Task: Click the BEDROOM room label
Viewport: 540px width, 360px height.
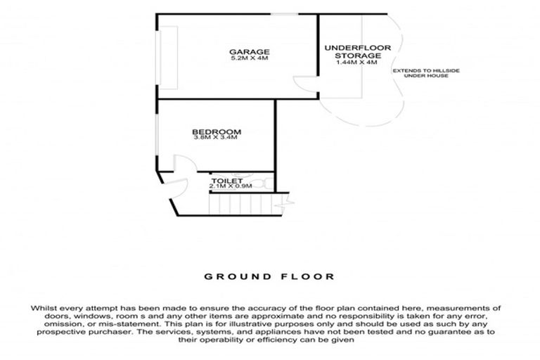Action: point(217,131)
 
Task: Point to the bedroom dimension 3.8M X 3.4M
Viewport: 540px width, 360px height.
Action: point(217,138)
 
